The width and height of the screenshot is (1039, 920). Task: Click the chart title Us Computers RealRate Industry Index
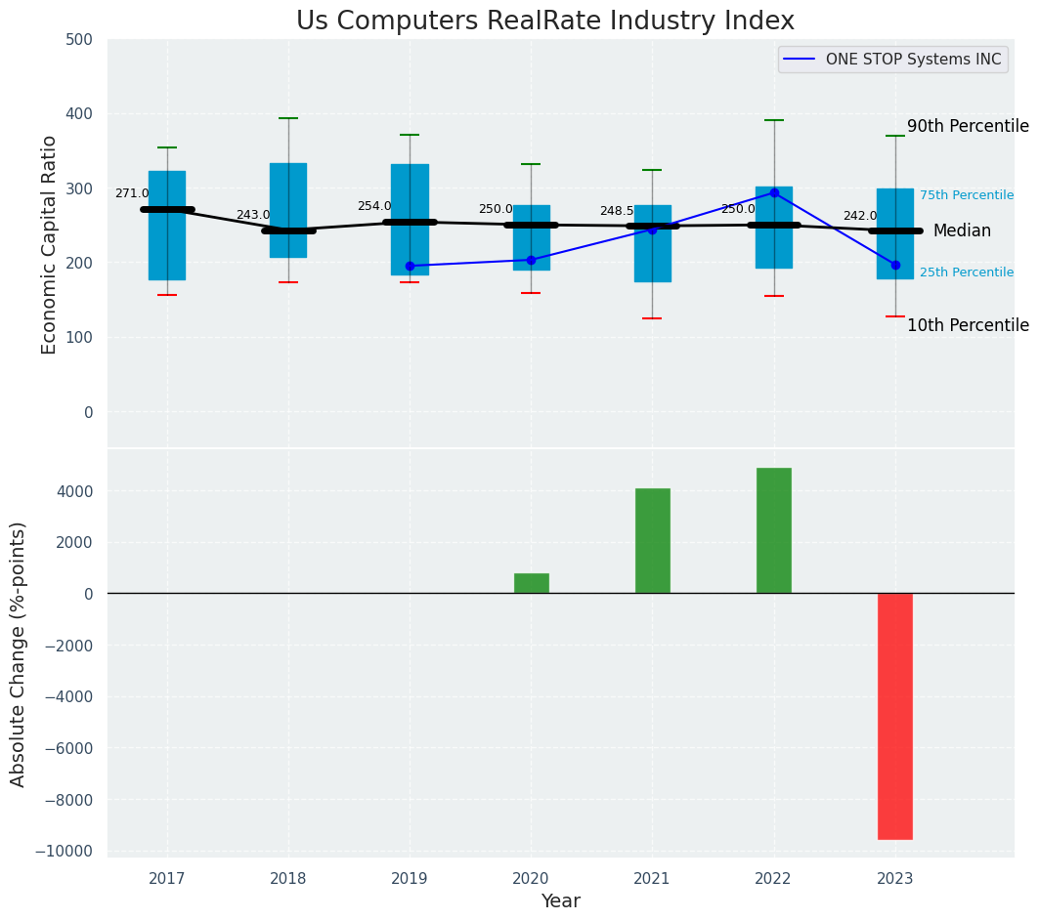tap(545, 21)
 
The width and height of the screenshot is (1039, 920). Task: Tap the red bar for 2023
tap(894, 716)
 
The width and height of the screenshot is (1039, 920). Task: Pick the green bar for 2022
tap(773, 530)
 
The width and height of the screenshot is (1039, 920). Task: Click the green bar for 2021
tap(652, 540)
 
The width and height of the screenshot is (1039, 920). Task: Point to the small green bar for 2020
tap(531, 583)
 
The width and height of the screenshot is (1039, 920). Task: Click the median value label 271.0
tap(132, 193)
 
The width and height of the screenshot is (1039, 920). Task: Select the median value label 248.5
tap(617, 211)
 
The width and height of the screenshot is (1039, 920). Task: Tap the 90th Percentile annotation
tap(968, 126)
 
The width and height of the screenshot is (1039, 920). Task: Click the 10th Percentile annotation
tap(968, 325)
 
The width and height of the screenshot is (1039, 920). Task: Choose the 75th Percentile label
tap(966, 195)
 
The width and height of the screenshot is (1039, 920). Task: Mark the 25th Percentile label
tap(966, 272)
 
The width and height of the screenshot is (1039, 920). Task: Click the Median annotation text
tap(962, 231)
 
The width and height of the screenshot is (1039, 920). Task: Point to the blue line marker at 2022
tap(774, 192)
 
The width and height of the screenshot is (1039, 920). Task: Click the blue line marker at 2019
tap(410, 266)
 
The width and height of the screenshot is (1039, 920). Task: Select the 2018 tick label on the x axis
tap(288, 879)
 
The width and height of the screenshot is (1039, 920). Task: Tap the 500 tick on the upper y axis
tap(79, 40)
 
